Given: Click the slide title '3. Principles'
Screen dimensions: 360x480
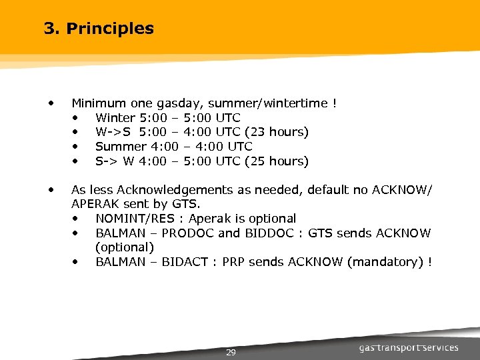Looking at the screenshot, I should pos(98,29).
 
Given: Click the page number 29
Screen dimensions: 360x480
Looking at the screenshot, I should pos(231,352).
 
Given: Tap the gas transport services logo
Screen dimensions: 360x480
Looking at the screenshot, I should pos(409,347).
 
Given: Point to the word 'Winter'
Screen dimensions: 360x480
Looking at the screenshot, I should pos(115,118).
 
